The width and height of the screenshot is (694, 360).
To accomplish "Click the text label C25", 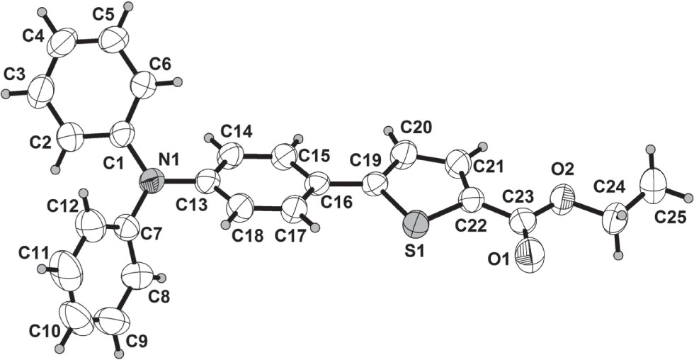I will [669, 218].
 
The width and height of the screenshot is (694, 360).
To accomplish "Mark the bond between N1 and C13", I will [181, 183].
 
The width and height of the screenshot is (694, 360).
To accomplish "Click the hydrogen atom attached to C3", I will [6, 93].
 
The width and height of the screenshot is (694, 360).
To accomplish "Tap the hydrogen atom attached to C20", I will [387, 130].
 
